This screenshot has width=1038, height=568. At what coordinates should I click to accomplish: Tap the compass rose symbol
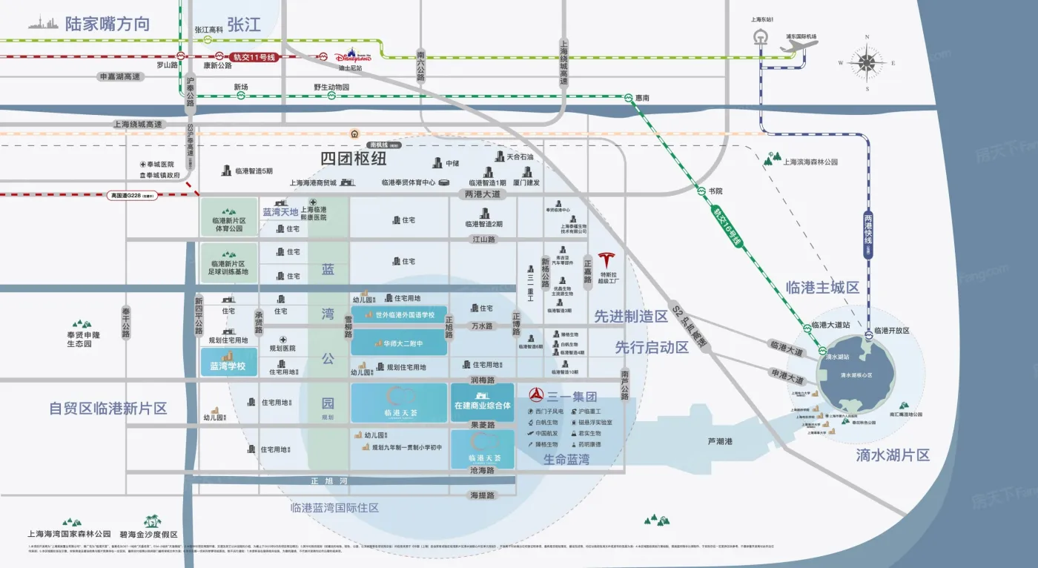click(864, 62)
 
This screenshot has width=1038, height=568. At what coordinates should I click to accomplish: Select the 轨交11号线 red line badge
click(245, 56)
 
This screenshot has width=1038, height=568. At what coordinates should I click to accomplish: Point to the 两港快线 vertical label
click(868, 233)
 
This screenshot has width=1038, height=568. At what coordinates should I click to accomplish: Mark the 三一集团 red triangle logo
click(535, 396)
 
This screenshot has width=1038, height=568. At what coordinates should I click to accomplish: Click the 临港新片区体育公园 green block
click(228, 217)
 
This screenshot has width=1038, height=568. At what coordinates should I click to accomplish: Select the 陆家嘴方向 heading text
click(107, 24)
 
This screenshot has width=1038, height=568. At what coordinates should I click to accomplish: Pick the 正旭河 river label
click(323, 481)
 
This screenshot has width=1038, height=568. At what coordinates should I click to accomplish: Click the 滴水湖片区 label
click(893, 455)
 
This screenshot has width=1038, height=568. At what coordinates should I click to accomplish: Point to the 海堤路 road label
click(481, 495)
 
